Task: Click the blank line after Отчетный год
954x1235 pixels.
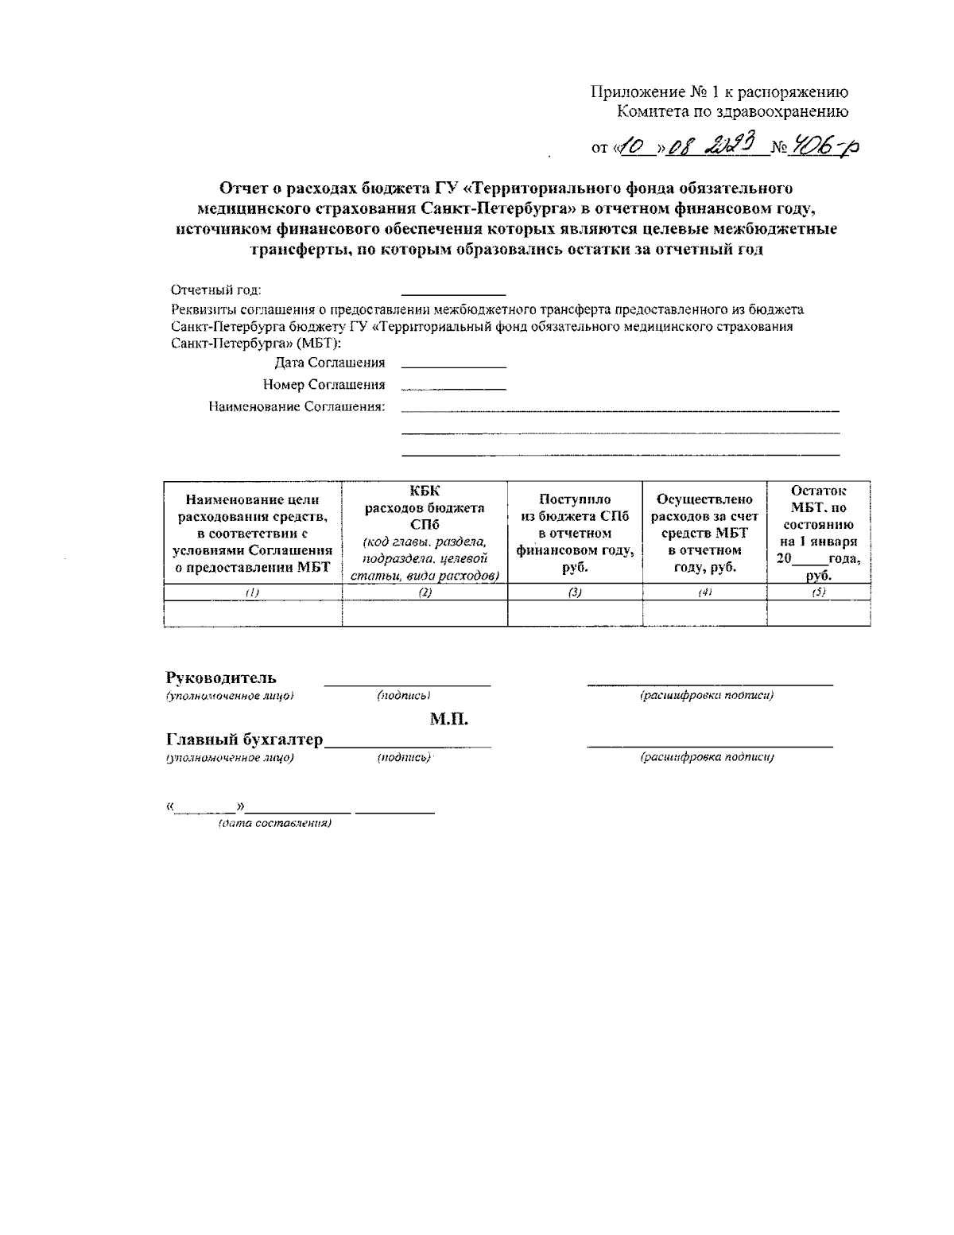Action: pos(453,293)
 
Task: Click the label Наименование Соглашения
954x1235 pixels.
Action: pos(297,407)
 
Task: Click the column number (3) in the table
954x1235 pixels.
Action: pos(575,592)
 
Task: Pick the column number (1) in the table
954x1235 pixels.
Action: pos(252,592)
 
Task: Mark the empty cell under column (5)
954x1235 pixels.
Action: pos(818,613)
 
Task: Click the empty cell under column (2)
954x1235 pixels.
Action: pos(425,613)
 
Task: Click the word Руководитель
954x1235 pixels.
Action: pos(221,678)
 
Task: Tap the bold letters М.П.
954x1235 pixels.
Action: pos(449,720)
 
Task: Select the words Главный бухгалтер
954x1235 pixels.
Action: pos(244,740)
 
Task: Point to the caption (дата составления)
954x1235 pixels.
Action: pos(274,823)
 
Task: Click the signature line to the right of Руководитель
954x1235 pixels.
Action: pos(406,684)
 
